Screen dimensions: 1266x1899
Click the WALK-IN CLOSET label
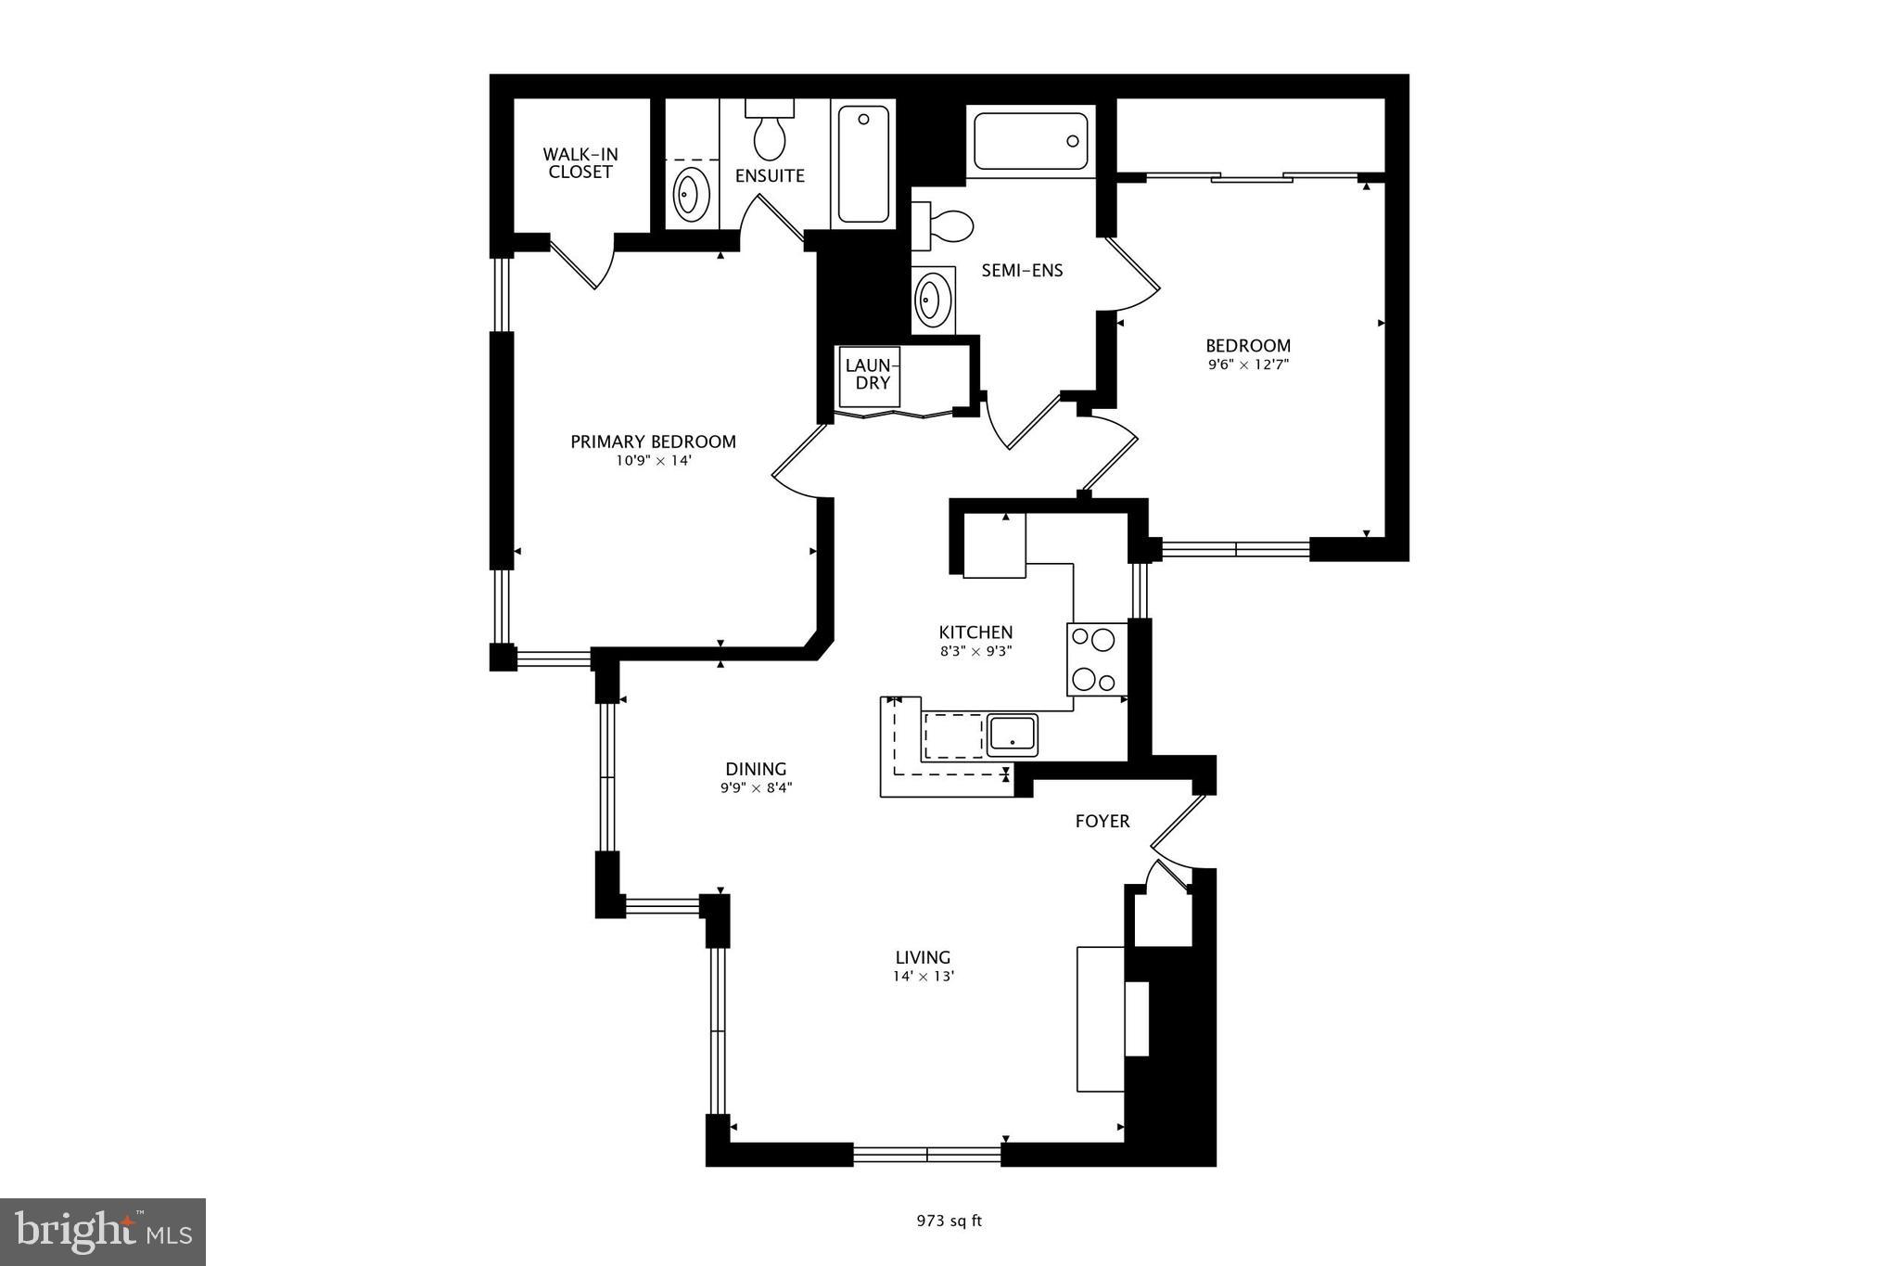pos(580,163)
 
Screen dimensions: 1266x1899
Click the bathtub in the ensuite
pos(863,163)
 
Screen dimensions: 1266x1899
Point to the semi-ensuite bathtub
pos(1030,141)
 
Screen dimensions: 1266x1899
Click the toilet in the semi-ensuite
pos(944,225)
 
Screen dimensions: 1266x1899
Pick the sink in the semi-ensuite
pos(933,299)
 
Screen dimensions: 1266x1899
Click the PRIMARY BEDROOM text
pos(653,442)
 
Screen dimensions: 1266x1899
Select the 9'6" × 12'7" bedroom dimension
pos(1248,365)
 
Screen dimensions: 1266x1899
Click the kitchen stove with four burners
pos(1097,659)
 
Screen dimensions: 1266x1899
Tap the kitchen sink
pos(1012,735)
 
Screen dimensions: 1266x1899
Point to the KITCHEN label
pos(975,633)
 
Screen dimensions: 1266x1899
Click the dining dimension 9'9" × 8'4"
pos(757,788)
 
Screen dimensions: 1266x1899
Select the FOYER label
pos(1102,821)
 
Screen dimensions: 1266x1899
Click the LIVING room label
pos(923,957)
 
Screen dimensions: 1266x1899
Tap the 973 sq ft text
pos(949,1221)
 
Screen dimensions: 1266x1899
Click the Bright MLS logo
pos(103,1232)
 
